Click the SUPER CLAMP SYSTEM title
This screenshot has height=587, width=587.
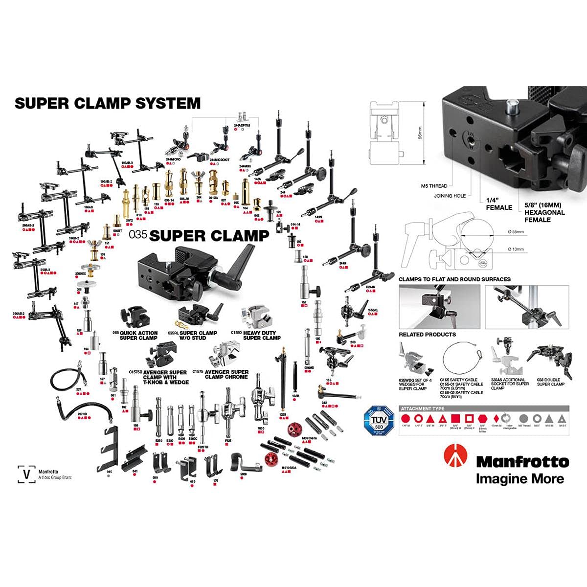pyautogui.click(x=108, y=103)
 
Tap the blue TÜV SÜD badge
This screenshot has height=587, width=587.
pyautogui.click(x=378, y=421)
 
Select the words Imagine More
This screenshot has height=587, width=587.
pyautogui.click(x=519, y=478)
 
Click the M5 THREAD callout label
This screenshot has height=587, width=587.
pyautogui.click(x=434, y=186)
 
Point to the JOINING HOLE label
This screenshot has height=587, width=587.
pyautogui.click(x=450, y=196)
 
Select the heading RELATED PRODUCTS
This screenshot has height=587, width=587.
pyautogui.click(x=427, y=335)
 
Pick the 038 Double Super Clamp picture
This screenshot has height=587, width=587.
pyautogui.click(x=549, y=360)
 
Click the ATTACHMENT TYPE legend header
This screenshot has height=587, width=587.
pyautogui.click(x=423, y=408)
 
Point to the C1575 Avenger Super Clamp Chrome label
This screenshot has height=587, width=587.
pyautogui.click(x=226, y=374)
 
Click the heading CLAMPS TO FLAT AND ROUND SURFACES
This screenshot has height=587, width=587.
pyautogui.click(x=454, y=279)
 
